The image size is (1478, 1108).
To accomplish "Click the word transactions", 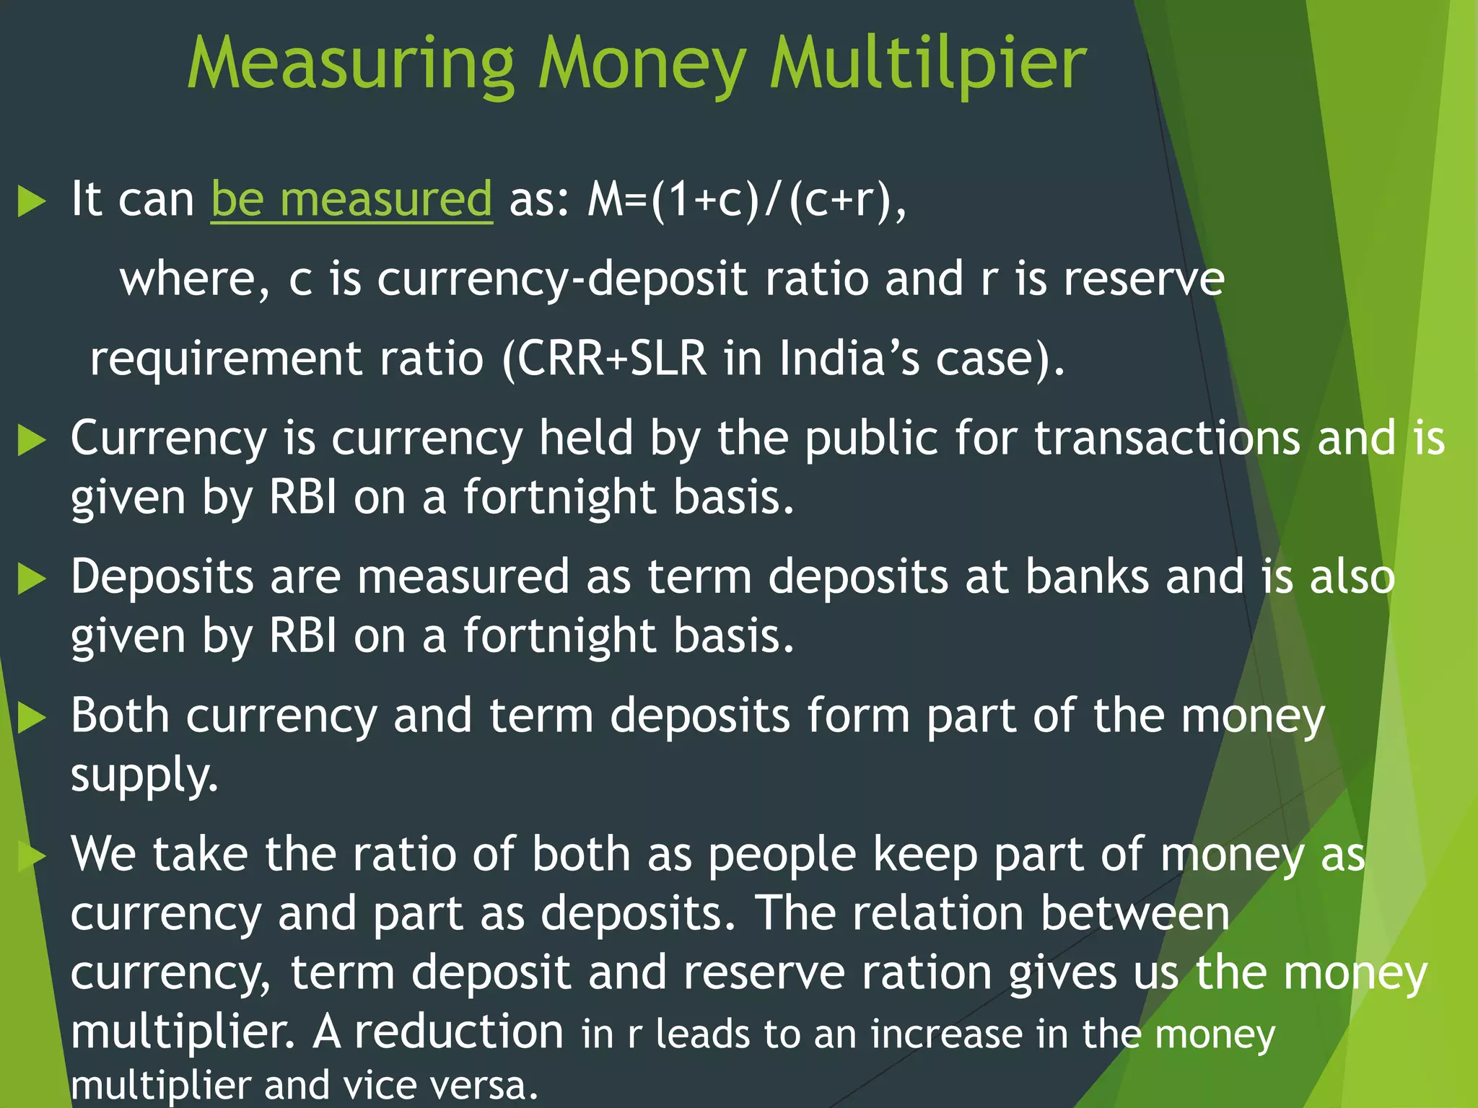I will [x=1167, y=438].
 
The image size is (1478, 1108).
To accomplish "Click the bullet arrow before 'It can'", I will [x=31, y=201].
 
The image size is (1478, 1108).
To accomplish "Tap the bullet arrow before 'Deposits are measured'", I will [x=31, y=579].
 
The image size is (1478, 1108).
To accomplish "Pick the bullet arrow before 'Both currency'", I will [x=31, y=717].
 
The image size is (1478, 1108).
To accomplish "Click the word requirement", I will [x=225, y=360].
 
